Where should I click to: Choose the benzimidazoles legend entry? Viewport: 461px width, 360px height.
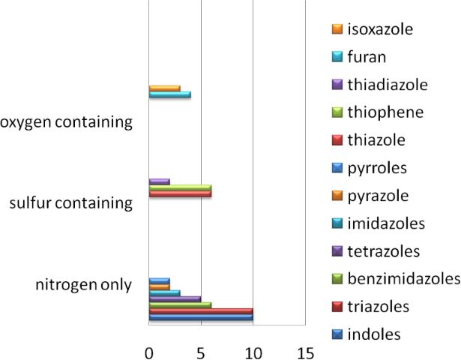[x=403, y=279]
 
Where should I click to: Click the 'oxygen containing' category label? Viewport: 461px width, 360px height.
[x=67, y=121]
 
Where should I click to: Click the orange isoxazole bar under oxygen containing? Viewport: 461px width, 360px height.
[x=164, y=88]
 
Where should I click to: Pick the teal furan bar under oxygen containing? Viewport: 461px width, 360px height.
[x=169, y=94]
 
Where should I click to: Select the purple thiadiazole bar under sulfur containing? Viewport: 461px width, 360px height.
[x=159, y=181]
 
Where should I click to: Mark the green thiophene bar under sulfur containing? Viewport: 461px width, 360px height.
[x=180, y=187]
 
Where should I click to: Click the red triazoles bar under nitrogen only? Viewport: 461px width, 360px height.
[x=201, y=311]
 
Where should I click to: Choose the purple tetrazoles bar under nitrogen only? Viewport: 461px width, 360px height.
[x=175, y=298]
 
